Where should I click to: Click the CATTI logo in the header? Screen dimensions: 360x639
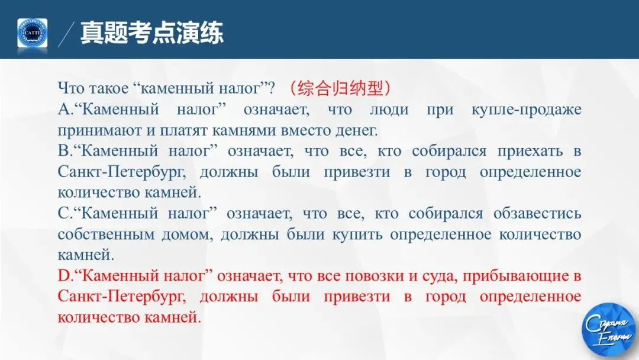click(x=32, y=33)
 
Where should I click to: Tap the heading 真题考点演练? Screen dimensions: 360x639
click(x=152, y=32)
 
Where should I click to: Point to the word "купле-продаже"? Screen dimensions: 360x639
click(x=526, y=110)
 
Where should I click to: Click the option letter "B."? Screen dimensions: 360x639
click(x=64, y=151)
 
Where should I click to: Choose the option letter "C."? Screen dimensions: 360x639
click(x=64, y=213)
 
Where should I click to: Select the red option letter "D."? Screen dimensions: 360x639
click(x=64, y=275)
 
